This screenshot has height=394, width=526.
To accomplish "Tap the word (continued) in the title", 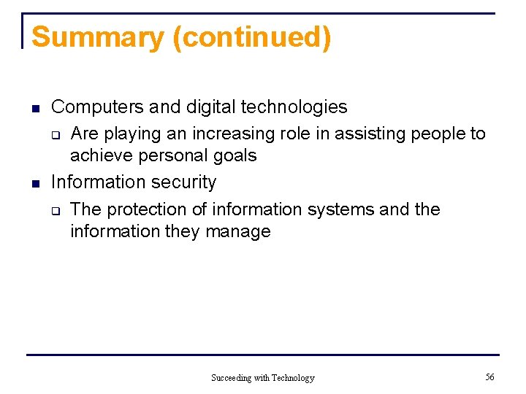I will pos(252,36).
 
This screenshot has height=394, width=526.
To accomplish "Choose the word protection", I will pos(146,209).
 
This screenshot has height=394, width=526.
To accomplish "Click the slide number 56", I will pos(489,377).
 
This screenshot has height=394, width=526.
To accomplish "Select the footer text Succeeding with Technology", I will pos(263,378).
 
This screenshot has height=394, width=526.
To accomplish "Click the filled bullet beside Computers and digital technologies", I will pos(34,109).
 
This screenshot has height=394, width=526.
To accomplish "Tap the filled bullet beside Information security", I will pos(34,183).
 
